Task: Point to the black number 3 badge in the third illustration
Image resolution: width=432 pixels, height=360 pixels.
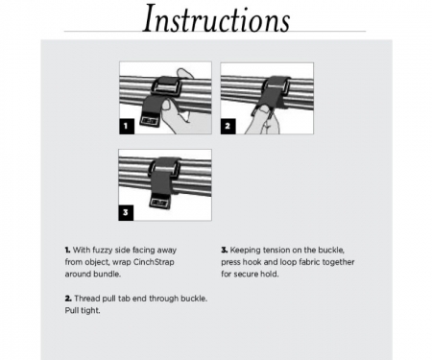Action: pyautogui.click(x=126, y=210)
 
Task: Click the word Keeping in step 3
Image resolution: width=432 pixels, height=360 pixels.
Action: pyautogui.click(x=248, y=250)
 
